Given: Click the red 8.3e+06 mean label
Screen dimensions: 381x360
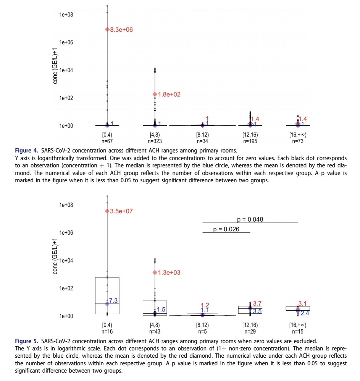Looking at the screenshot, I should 121,30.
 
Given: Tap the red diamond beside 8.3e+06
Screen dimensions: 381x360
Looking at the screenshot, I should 107,30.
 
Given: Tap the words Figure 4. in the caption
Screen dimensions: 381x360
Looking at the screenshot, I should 26,149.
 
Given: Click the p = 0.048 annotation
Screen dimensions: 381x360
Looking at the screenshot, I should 250,219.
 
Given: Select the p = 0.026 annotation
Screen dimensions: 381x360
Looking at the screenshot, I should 226,229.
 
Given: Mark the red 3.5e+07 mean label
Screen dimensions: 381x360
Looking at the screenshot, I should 121,211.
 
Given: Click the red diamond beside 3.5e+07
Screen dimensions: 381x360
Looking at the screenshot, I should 107,211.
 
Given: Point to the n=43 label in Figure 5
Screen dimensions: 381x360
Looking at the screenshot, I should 155,331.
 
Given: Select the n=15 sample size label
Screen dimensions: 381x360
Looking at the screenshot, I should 298,331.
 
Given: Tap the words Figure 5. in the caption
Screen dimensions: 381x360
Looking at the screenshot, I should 26,341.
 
